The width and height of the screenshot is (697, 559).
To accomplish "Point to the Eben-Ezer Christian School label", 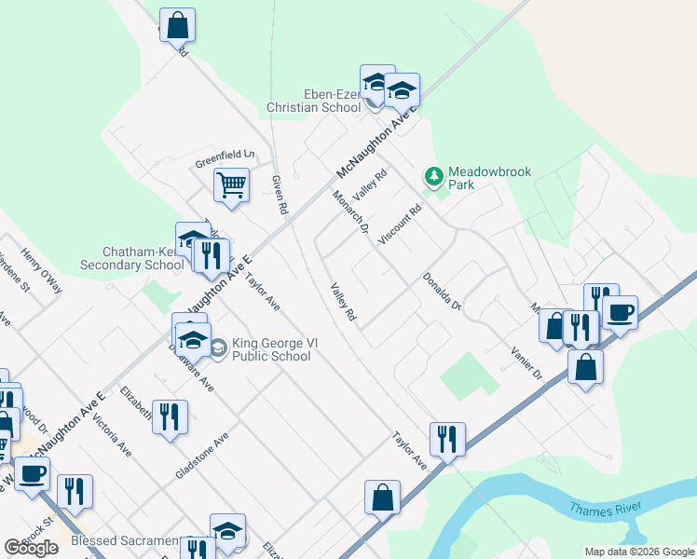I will tap(332, 101).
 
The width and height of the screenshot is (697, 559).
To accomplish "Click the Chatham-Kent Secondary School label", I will tap(143, 258).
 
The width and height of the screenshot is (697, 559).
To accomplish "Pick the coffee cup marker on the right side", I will tap(620, 312).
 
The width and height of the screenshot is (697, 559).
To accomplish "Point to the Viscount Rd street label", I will tap(401, 225).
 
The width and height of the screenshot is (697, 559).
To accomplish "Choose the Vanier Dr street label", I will tap(526, 361).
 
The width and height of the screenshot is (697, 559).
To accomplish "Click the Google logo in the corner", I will tap(32, 548).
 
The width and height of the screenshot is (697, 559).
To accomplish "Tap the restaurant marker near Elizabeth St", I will tap(170, 416).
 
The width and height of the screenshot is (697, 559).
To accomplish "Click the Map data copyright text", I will tap(638, 552).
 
